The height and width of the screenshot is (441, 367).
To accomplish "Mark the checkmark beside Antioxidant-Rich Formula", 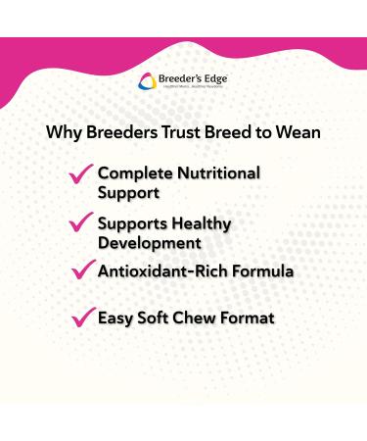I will click(x=81, y=269).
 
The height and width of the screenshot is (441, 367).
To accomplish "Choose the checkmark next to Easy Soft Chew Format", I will click(x=81, y=318).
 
